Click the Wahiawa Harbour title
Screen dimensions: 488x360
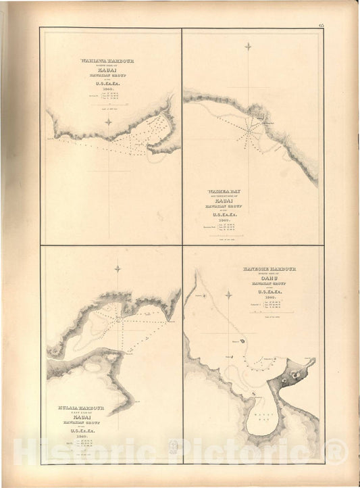click(x=107, y=61)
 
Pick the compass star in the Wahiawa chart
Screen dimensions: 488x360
click(x=109, y=122)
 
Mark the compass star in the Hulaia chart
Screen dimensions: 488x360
click(x=118, y=269)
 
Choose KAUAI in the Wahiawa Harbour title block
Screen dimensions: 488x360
click(x=107, y=70)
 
